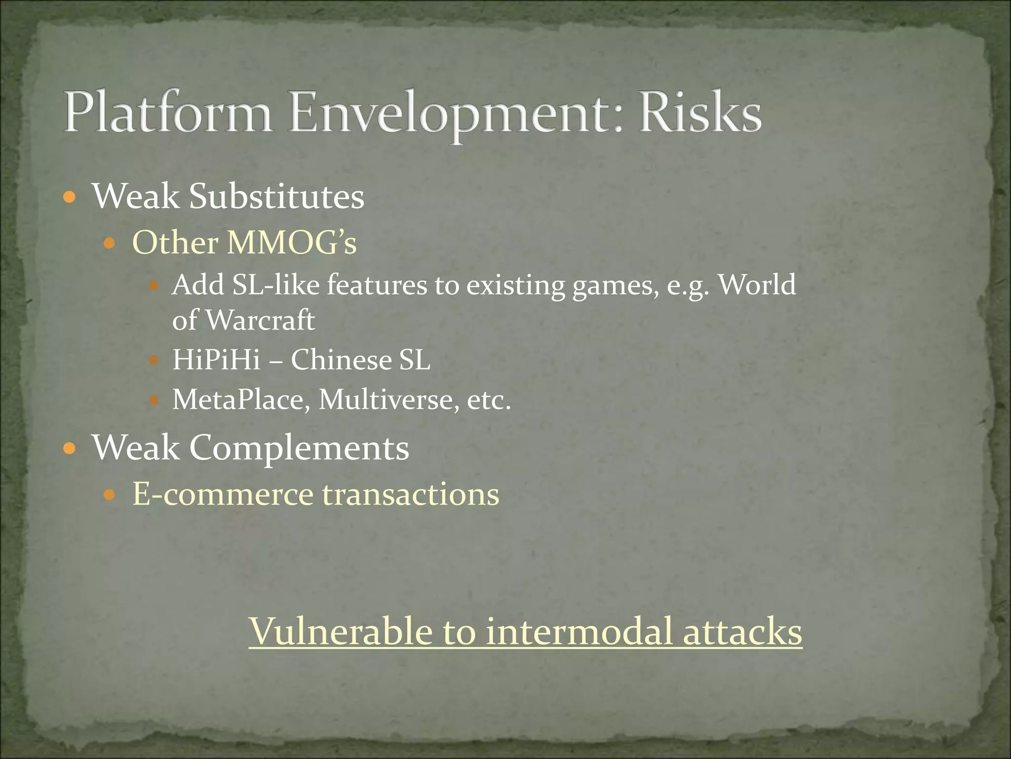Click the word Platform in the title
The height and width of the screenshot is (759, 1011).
pyautogui.click(x=168, y=113)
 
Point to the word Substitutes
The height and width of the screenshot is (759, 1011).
pyautogui.click(x=276, y=196)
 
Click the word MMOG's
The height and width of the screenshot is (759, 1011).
pyautogui.click(x=291, y=243)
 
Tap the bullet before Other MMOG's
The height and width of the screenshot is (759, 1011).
pyautogui.click(x=109, y=244)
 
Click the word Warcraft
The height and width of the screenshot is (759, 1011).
pyautogui.click(x=260, y=320)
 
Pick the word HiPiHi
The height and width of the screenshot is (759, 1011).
pyautogui.click(x=216, y=360)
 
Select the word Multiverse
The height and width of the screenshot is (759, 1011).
pyautogui.click(x=386, y=399)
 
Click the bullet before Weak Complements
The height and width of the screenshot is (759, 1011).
pyautogui.click(x=70, y=449)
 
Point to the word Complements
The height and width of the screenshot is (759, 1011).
pyautogui.click(x=299, y=448)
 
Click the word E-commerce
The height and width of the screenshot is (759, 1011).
pyautogui.click(x=223, y=494)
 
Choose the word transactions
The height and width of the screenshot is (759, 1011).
pyautogui.click(x=410, y=494)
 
